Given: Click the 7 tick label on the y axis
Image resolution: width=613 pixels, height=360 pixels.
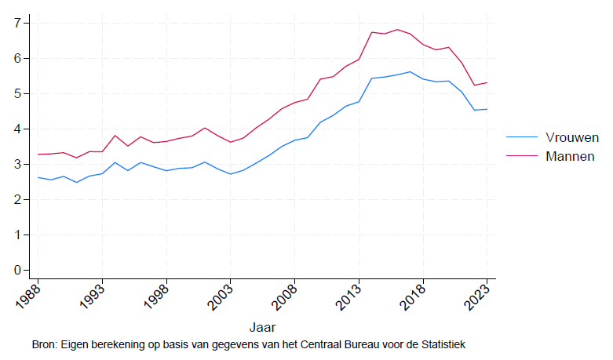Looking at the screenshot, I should click(x=16, y=23).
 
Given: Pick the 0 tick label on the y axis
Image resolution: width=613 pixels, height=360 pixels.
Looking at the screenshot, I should click(x=16, y=270).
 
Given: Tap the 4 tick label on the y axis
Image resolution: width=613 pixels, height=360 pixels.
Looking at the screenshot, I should click(x=16, y=129).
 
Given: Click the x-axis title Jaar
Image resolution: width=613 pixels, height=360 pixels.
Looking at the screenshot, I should click(x=262, y=325).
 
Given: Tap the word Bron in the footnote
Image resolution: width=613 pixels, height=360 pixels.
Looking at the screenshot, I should click(x=45, y=344).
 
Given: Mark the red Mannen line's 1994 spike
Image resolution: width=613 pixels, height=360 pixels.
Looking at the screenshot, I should click(x=115, y=136).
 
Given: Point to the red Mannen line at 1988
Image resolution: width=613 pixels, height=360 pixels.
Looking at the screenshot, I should click(x=38, y=154).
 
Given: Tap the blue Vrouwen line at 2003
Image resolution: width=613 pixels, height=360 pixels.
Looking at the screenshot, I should click(x=231, y=174).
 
